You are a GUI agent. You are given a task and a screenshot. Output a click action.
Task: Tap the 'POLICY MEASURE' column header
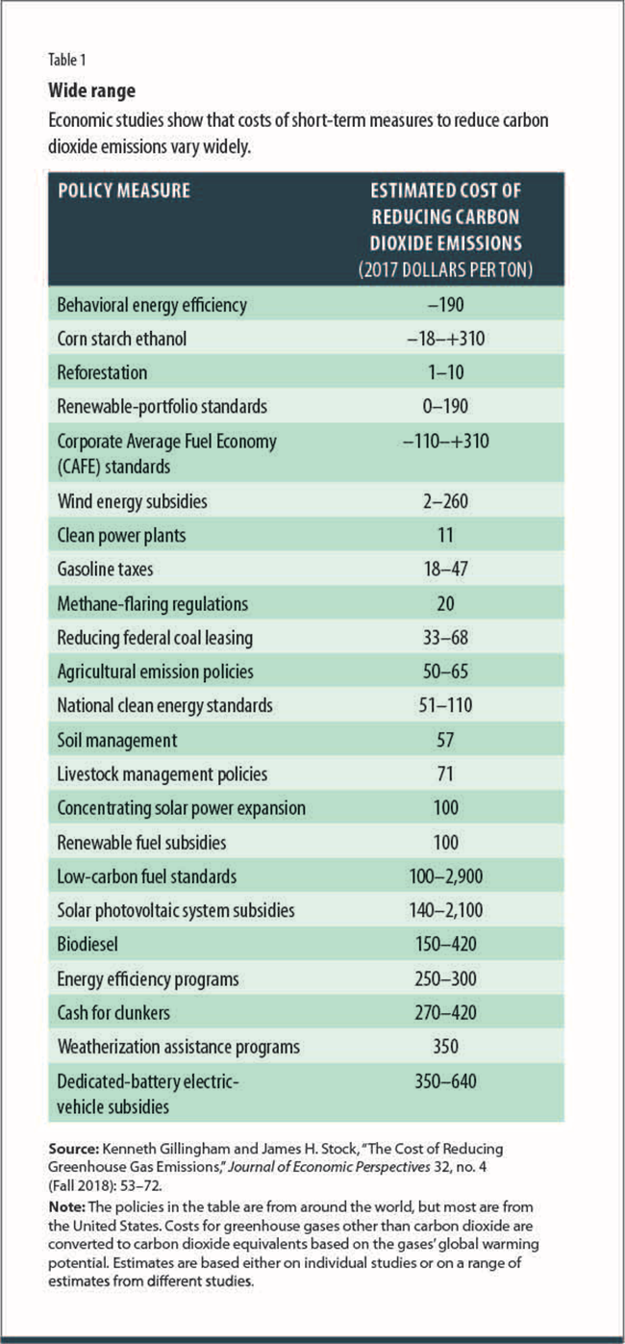[x=124, y=190]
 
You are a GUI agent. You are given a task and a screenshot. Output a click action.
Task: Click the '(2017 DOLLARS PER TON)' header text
[x=445, y=271]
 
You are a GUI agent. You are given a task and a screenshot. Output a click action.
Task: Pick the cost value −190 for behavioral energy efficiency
[x=445, y=305]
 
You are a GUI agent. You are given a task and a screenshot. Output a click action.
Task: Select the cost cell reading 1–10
[x=445, y=372]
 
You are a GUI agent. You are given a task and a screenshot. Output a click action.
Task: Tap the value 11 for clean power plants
[x=445, y=536]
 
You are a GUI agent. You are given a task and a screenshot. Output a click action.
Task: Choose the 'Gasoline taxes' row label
[x=107, y=570]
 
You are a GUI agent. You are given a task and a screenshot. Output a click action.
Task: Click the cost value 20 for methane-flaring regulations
[x=445, y=603]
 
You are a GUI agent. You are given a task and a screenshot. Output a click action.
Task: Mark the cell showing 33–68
[x=445, y=637]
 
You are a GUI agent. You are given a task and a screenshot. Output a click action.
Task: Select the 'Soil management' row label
[x=117, y=740]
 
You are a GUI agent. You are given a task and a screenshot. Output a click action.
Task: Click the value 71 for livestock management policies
[x=445, y=773]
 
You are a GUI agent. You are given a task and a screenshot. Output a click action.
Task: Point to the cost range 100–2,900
[x=445, y=876]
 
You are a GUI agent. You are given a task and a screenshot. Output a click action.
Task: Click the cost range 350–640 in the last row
[x=445, y=1080]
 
